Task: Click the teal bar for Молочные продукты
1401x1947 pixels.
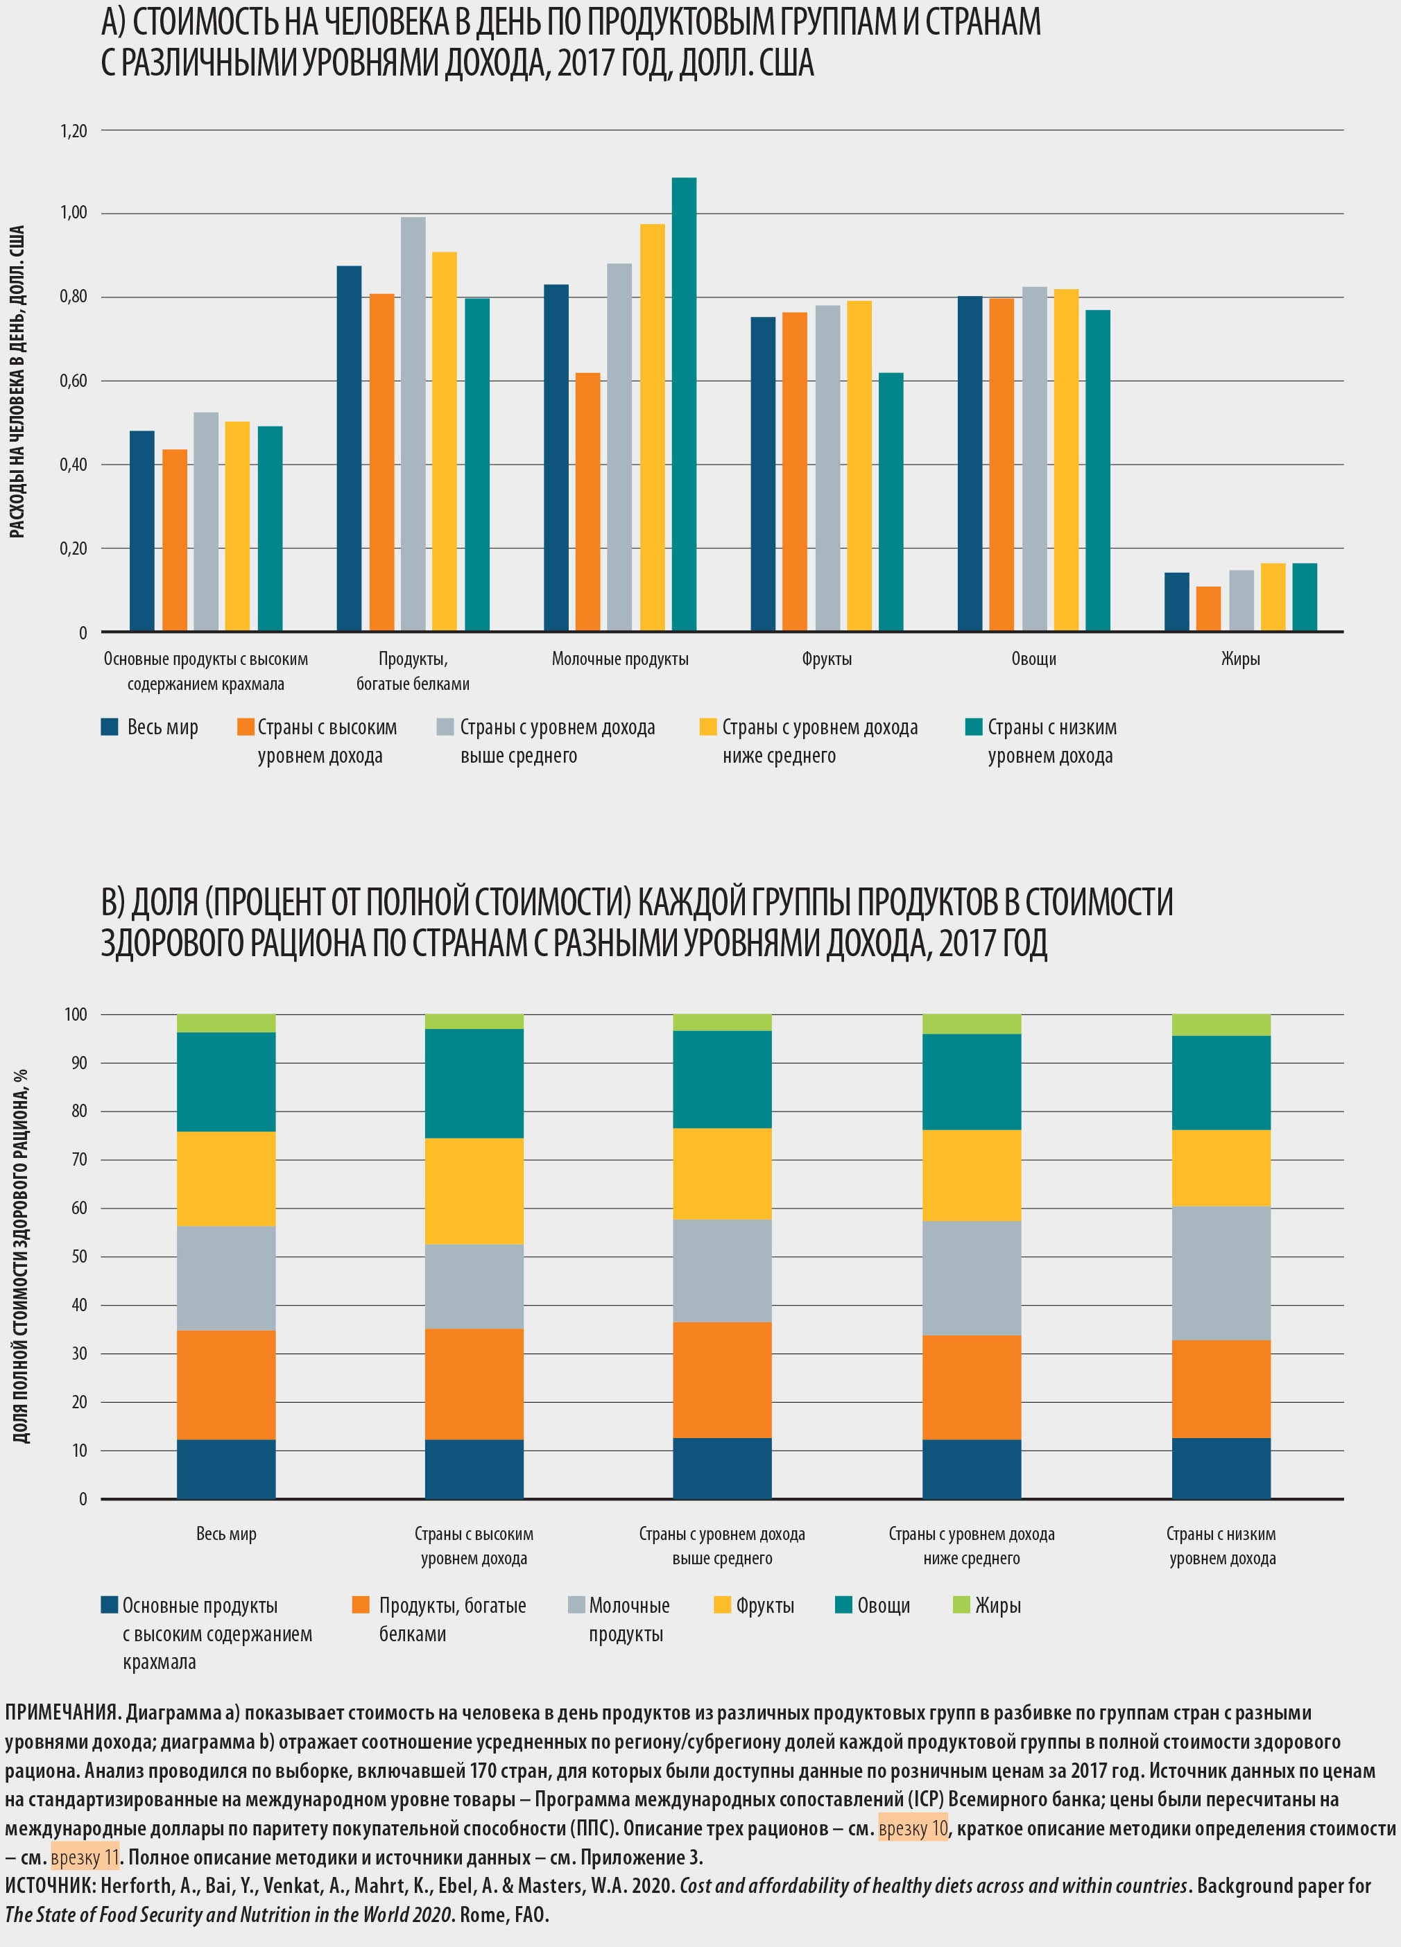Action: click(x=683, y=404)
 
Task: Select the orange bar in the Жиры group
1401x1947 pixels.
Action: click(x=1208, y=609)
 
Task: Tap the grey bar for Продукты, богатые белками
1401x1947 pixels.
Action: click(x=413, y=424)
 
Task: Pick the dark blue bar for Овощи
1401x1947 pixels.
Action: click(x=970, y=464)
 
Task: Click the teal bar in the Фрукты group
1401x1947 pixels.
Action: click(x=891, y=502)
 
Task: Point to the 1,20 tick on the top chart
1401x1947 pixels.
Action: click(x=74, y=131)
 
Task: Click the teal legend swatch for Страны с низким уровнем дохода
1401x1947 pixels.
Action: click(x=974, y=727)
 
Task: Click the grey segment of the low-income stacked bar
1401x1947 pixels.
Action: click(x=1221, y=1273)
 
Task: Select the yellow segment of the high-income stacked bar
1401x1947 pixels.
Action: click(x=474, y=1191)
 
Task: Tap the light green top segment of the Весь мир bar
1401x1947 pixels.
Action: click(x=226, y=1023)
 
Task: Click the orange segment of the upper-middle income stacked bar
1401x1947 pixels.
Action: click(x=722, y=1380)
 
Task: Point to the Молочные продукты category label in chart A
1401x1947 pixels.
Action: click(x=620, y=659)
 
